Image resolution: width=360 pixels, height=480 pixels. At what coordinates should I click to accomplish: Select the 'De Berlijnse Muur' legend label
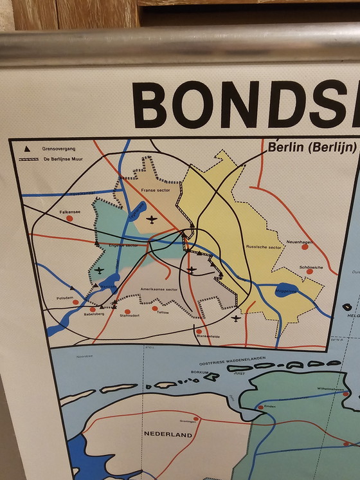pyautogui.click(x=62, y=158)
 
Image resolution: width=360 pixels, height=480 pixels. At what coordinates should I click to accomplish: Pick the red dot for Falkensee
pyautogui.click(x=70, y=218)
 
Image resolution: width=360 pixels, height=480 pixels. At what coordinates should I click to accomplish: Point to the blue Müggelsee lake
pyautogui.click(x=286, y=290)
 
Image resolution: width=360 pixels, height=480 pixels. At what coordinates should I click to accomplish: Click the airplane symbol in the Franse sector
pyautogui.click(x=152, y=219)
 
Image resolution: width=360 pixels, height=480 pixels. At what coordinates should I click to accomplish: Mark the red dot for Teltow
pyautogui.click(x=155, y=308)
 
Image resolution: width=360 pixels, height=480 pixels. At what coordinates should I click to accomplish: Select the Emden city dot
pyautogui.click(x=260, y=407)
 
